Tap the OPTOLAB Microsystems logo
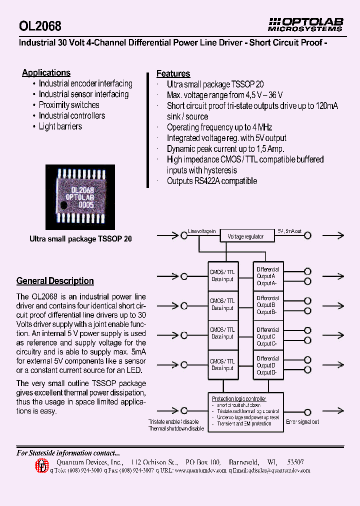click(x=305, y=24)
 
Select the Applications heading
click(x=46, y=73)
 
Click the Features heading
click(x=173, y=73)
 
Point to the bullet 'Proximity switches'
click(x=69, y=105)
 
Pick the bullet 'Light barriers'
click(x=60, y=126)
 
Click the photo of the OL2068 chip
click(x=80, y=196)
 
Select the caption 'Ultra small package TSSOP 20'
click(x=80, y=239)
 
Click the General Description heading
click(x=55, y=281)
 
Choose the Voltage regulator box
click(x=245, y=236)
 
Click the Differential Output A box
click(x=268, y=276)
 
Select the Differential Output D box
click(x=268, y=365)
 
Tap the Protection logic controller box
click(x=245, y=411)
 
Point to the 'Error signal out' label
click(x=302, y=422)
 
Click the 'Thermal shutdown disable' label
click(x=176, y=429)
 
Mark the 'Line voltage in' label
click(x=201, y=231)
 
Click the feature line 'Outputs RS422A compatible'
click(x=211, y=181)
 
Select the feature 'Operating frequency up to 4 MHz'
click(x=219, y=127)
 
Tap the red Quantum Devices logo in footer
click(x=42, y=466)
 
